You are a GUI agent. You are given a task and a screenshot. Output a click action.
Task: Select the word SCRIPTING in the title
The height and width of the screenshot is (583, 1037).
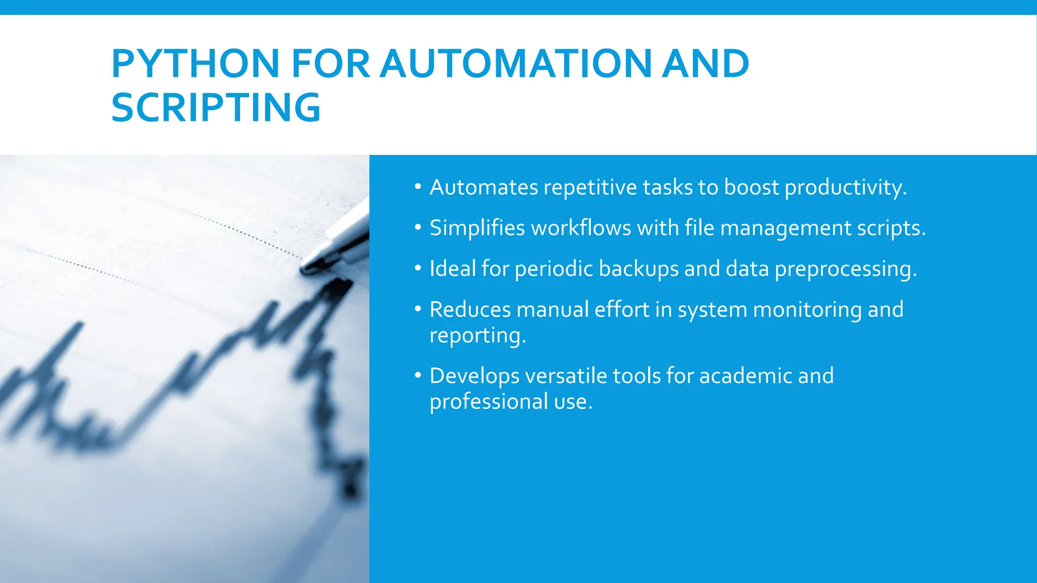(216, 107)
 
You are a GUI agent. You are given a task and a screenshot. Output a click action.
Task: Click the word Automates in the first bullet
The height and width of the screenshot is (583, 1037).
(484, 187)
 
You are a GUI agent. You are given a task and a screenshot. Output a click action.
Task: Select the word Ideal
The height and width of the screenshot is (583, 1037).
(453, 268)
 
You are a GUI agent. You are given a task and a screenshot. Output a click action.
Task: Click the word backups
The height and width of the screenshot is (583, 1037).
(639, 269)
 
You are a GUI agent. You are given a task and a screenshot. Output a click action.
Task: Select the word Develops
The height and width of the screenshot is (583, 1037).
(474, 377)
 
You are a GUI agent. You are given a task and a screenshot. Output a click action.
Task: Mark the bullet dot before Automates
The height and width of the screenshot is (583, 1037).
(418, 187)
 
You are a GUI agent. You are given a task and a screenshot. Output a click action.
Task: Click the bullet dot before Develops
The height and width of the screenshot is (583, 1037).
(418, 376)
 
